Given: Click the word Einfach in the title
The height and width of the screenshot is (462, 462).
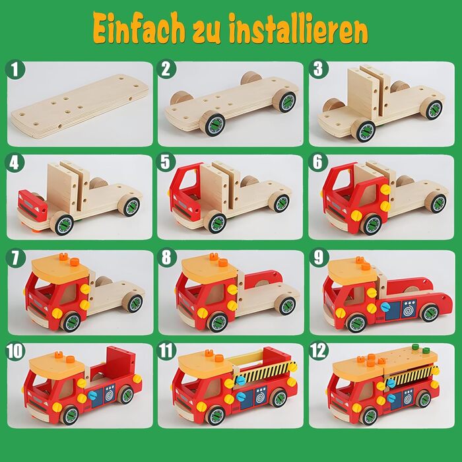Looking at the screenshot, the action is coord(139,28).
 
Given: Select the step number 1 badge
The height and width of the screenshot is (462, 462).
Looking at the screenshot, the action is coord(15,69).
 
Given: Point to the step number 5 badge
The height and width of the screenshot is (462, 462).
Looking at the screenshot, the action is coord(166,162).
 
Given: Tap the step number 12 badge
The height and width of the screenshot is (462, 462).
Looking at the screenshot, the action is coord(319,350).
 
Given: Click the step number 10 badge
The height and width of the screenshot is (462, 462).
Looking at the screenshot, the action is coord(15,350).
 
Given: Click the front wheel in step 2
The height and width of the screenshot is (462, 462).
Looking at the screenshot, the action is coord(213,124).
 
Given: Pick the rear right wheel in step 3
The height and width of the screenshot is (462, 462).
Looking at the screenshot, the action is coord(434,110).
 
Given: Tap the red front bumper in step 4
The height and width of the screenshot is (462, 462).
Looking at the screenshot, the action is coord(32,205).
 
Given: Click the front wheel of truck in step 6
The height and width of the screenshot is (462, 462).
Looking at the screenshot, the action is coord(371,224).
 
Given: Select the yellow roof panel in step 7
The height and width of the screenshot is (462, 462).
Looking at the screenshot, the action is coord(61,269).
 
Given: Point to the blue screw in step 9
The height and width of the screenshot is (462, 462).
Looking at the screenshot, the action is coord(385,308).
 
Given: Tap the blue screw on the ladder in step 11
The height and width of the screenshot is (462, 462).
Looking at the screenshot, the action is coord(240,380).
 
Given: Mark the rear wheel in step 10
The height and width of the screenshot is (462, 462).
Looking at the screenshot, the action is coord(126,395).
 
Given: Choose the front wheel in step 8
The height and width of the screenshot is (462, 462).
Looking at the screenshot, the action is coord(216,321).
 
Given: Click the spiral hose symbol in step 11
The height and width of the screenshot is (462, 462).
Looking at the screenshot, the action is coord(261,398).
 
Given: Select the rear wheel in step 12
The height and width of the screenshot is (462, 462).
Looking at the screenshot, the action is coord(424,399).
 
